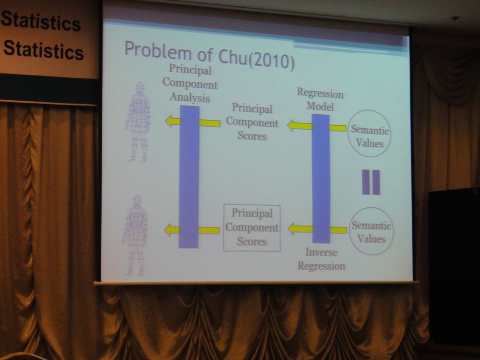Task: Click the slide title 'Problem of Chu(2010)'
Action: [x=209, y=55]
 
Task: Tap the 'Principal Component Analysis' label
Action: [x=190, y=83]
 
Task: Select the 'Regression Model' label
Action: [x=320, y=99]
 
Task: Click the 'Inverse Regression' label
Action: [x=322, y=259]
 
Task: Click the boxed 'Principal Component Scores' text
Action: [x=252, y=228]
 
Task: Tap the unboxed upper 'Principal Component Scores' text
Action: [x=252, y=122]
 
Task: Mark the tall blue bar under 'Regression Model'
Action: [x=321, y=179]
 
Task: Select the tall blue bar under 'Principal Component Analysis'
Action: [x=189, y=177]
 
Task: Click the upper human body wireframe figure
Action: [x=138, y=122]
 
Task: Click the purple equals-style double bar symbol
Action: [x=371, y=182]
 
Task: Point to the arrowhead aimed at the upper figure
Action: [x=169, y=121]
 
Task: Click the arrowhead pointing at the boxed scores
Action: [x=291, y=228]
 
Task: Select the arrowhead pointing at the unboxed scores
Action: [x=291, y=125]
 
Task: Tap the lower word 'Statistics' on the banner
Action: [x=44, y=50]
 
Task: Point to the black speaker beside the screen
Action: [x=454, y=266]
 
